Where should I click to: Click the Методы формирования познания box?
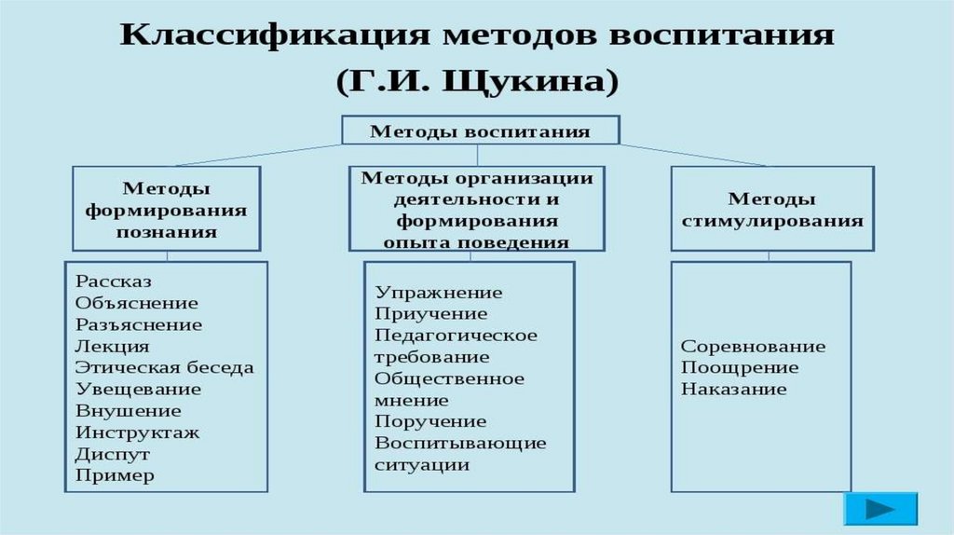(x=167, y=210)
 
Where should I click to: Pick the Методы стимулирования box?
(x=772, y=210)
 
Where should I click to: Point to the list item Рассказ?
(x=115, y=281)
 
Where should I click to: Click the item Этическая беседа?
(x=165, y=367)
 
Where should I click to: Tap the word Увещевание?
(x=139, y=389)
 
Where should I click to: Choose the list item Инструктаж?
(x=138, y=432)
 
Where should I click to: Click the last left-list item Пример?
(x=116, y=475)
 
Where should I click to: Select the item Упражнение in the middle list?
(x=438, y=293)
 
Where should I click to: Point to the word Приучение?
(x=430, y=314)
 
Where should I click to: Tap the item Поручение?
(x=430, y=421)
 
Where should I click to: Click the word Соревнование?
(x=753, y=347)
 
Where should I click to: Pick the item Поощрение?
(x=740, y=367)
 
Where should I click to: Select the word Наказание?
(x=734, y=389)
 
